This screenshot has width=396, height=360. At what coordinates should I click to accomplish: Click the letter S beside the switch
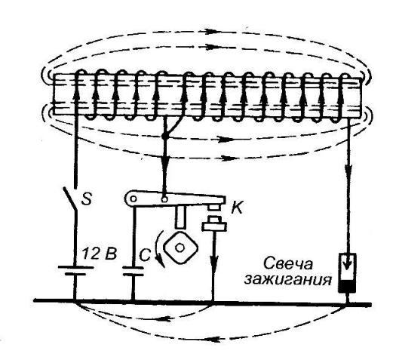pyautogui.click(x=87, y=198)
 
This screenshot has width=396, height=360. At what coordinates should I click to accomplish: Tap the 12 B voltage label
pyautogui.click(x=100, y=254)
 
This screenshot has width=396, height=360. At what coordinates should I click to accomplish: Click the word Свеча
pyautogui.click(x=288, y=264)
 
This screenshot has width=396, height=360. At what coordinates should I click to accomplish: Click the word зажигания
pyautogui.click(x=287, y=280)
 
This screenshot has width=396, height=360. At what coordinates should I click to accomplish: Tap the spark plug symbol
pyautogui.click(x=348, y=273)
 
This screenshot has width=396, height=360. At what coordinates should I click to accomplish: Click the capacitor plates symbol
pyautogui.click(x=133, y=271)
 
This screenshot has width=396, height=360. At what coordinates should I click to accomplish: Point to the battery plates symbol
pyautogui.click(x=75, y=270)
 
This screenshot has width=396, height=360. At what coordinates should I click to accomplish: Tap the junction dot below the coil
pyautogui.click(x=164, y=137)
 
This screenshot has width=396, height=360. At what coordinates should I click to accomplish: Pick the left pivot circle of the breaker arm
pyautogui.click(x=134, y=199)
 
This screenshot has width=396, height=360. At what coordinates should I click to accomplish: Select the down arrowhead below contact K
pyautogui.click(x=214, y=261)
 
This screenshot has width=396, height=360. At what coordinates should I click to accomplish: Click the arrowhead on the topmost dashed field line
pyautogui.click(x=210, y=32)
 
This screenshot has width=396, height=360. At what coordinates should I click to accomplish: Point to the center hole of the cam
pyautogui.click(x=180, y=248)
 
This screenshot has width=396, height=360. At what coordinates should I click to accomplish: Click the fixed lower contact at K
pyautogui.click(x=214, y=224)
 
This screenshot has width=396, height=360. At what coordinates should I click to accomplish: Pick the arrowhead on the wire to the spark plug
pyautogui.click(x=348, y=169)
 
